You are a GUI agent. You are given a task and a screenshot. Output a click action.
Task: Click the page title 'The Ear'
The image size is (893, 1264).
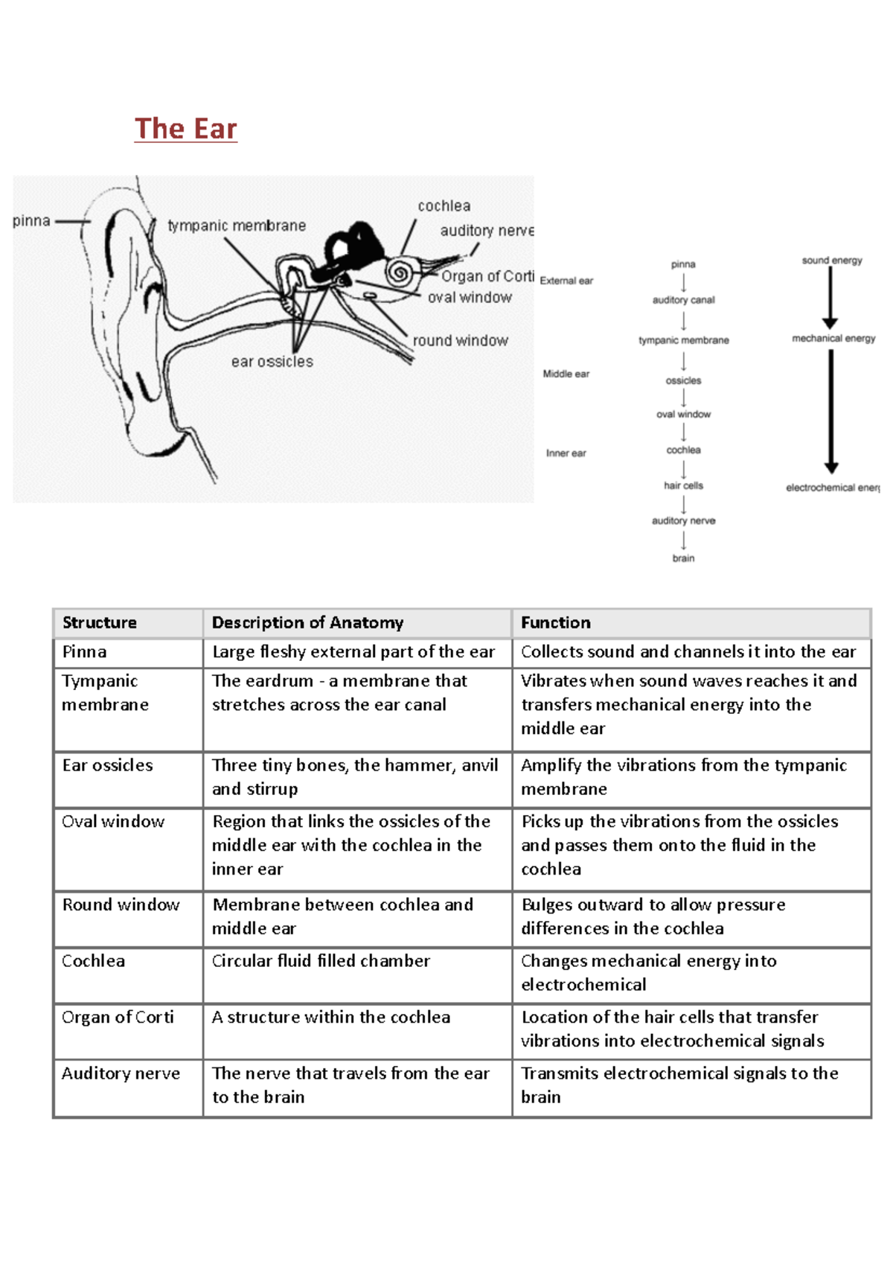coord(185,129)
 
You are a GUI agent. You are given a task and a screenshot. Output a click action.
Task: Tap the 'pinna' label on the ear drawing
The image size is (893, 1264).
coord(31,221)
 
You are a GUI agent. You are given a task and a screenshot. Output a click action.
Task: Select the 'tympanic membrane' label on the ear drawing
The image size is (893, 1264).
coord(237,226)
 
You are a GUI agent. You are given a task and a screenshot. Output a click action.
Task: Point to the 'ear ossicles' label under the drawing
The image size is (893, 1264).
coord(272,362)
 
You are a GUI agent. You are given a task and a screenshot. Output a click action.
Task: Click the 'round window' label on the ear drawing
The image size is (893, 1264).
coord(460,341)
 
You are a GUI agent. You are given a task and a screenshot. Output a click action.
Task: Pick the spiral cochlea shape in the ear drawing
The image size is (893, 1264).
coord(400,272)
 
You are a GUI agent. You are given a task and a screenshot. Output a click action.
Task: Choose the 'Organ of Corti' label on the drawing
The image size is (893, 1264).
coord(487,276)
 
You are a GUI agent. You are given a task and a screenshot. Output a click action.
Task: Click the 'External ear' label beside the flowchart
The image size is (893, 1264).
coord(566,281)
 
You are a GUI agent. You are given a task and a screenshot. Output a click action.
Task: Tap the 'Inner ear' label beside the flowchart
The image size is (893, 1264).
coord(566,453)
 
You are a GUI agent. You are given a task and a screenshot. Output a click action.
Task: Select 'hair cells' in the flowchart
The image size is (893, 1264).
coord(683,485)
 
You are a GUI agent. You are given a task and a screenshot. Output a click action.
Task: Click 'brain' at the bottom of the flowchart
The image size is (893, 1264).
coord(683,558)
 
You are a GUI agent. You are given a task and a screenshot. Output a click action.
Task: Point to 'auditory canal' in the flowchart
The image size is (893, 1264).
coord(683,300)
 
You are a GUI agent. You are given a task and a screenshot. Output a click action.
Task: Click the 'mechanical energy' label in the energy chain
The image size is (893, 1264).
coord(833,338)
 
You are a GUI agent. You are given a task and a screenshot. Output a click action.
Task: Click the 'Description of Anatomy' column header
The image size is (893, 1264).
coord(307,622)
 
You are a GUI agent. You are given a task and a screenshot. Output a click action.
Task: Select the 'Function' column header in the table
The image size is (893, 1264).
coord(555,622)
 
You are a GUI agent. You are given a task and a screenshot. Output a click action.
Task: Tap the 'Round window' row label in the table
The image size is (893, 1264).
coord(121,904)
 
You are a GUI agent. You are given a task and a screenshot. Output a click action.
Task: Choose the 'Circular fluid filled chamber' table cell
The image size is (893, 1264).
coord(321,961)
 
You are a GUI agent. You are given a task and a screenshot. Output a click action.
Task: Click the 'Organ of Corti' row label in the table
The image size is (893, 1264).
coord(118,1017)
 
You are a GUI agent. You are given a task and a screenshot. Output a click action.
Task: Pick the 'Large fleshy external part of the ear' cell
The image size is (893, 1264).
coord(353,652)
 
